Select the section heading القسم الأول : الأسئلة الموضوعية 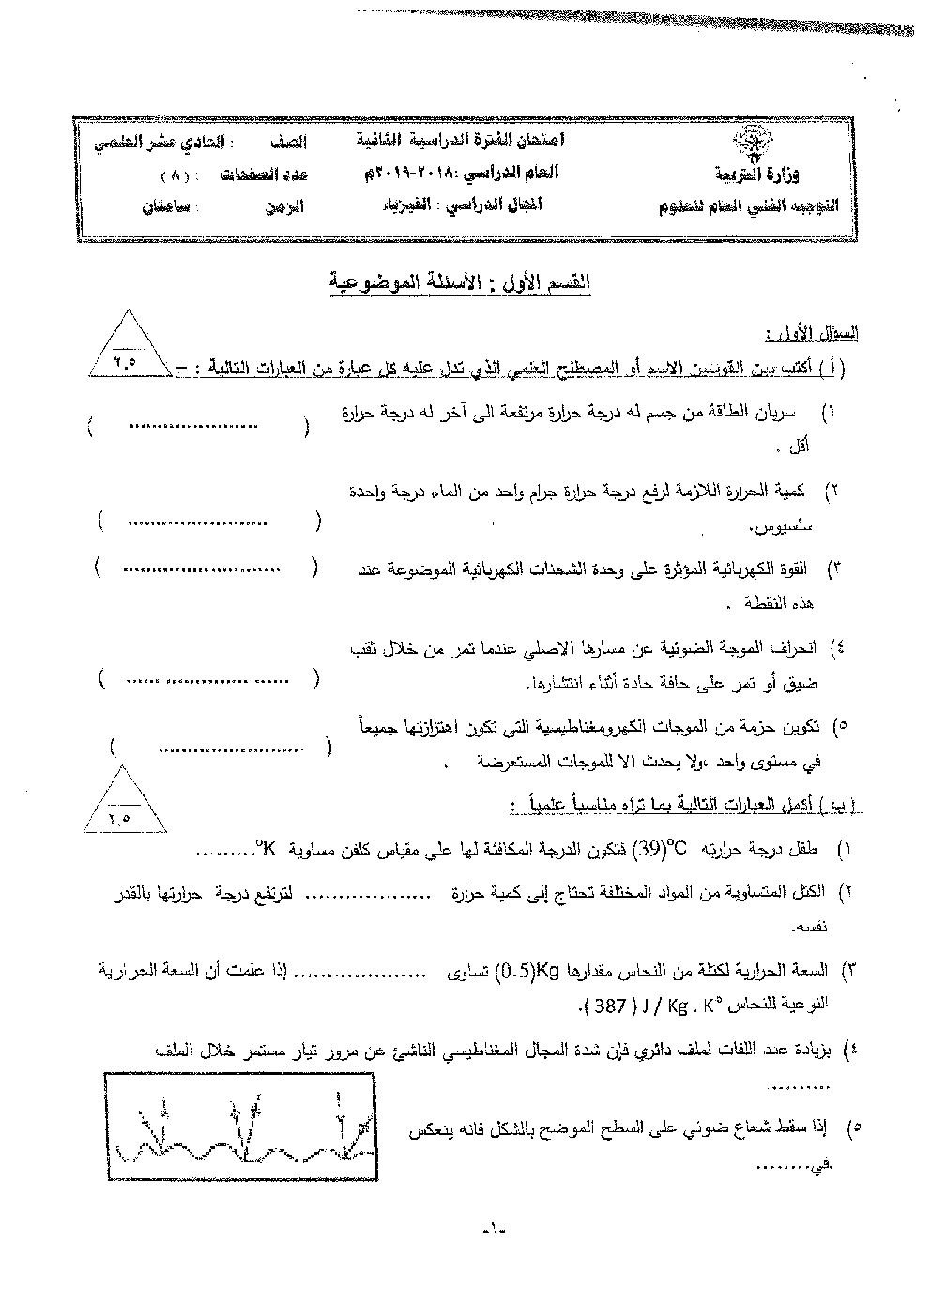tap(459, 281)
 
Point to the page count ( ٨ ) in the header tap(176, 174)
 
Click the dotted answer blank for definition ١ tap(193, 427)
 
